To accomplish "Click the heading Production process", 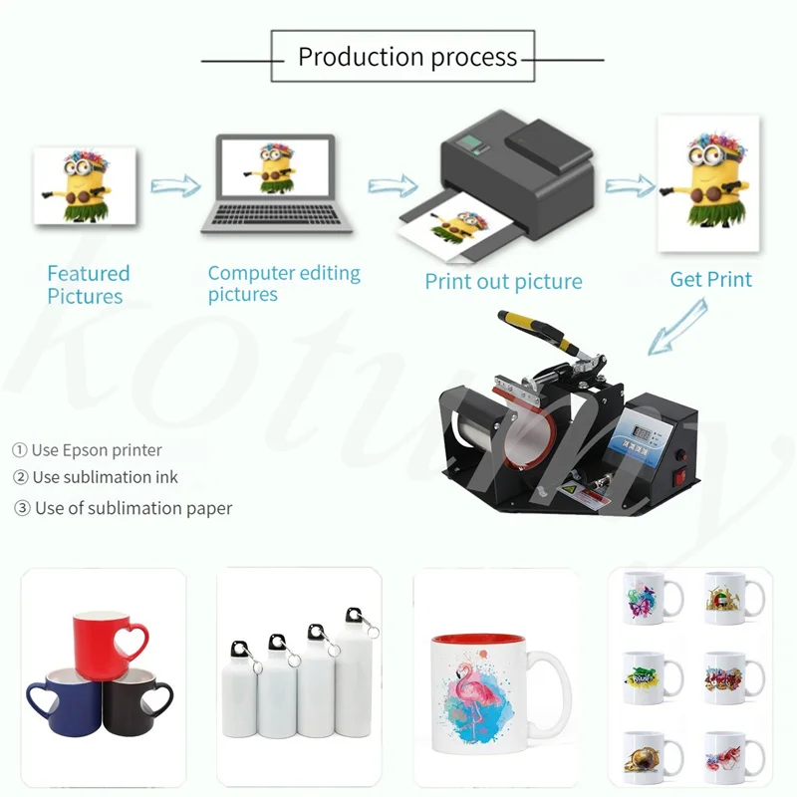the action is (x=407, y=57).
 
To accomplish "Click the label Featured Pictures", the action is (x=88, y=285).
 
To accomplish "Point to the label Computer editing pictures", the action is (x=284, y=283).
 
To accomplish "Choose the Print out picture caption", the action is (x=503, y=282).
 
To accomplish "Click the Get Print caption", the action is (x=710, y=279).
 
